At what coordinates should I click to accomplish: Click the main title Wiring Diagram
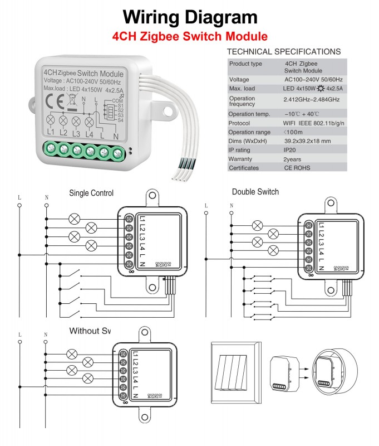point(189,17)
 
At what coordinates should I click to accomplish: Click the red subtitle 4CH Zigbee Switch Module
point(189,37)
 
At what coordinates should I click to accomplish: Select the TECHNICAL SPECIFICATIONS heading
point(284,52)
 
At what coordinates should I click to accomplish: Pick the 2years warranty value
point(294,159)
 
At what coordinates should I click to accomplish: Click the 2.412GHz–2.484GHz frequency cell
point(312,99)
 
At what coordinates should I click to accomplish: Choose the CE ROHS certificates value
point(298,168)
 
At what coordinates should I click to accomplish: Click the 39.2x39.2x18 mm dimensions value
point(312,141)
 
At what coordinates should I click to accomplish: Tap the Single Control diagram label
point(91,193)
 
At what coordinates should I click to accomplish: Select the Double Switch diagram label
point(255,192)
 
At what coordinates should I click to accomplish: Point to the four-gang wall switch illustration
point(234,372)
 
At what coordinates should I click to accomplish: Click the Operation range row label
point(249,132)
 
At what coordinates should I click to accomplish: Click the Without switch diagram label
point(90,331)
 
